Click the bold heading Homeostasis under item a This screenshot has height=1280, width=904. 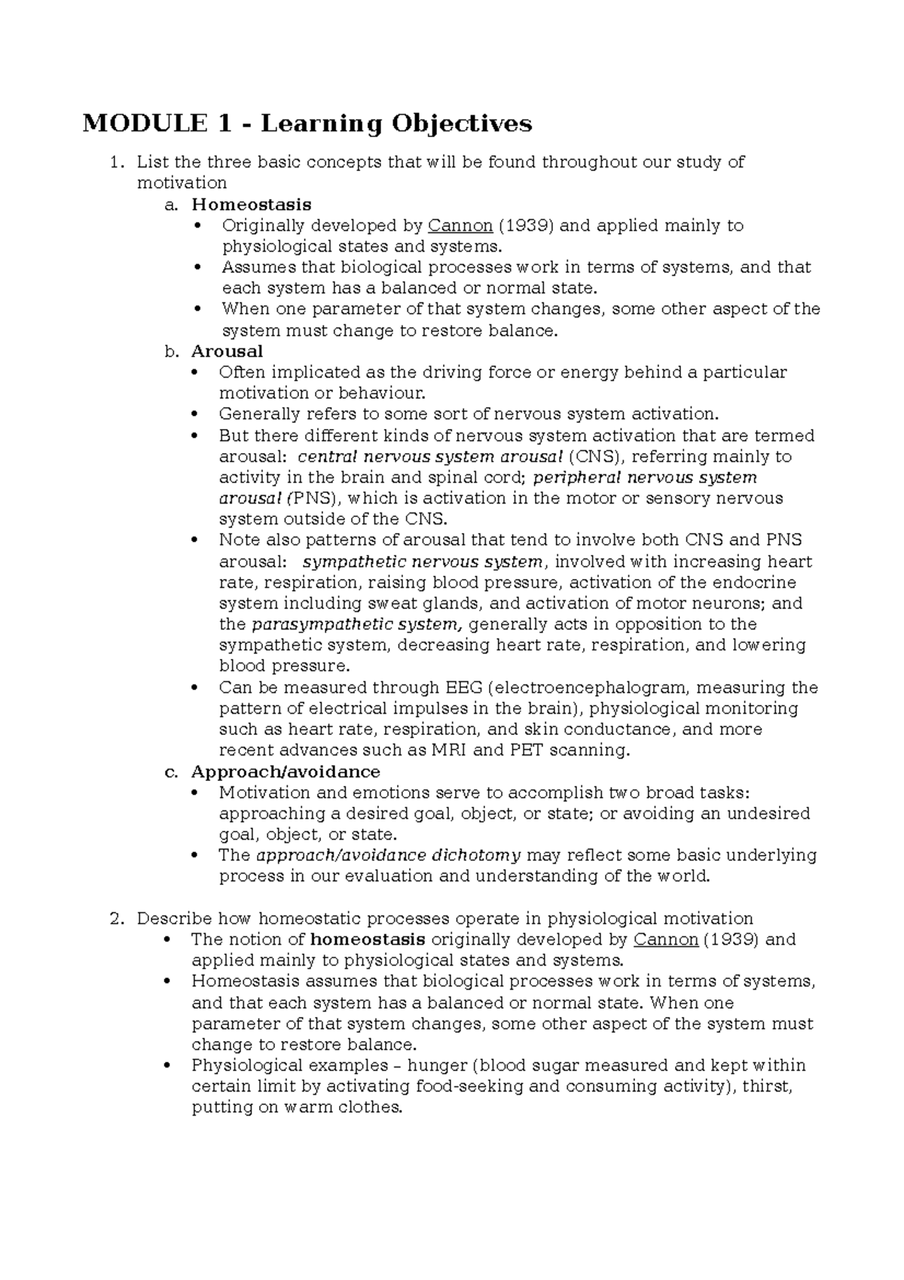point(251,204)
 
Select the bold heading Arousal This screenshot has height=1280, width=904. point(227,351)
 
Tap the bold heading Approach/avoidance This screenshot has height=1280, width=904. point(286,772)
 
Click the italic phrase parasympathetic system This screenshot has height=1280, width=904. point(355,624)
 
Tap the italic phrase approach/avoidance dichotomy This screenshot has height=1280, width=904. point(389,856)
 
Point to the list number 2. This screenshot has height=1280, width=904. point(115,919)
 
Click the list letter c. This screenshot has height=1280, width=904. point(171,772)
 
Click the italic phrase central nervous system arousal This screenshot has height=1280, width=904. point(430,457)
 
